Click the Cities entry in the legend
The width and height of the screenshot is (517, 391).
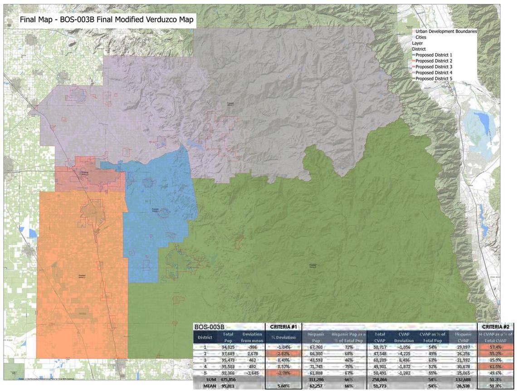pos(421,37)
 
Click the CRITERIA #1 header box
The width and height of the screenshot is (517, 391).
pos(283,327)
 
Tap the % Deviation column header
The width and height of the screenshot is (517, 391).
pos(283,337)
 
